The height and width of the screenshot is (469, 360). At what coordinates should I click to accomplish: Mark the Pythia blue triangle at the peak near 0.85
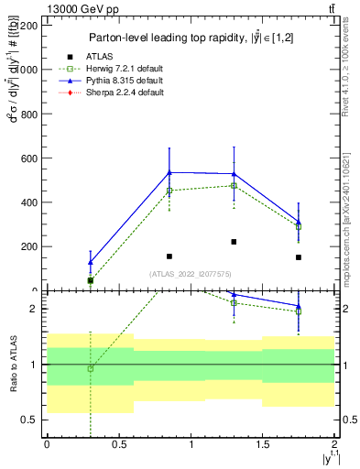click(169, 172)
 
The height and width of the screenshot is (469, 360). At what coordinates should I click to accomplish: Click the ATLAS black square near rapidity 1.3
click(234, 242)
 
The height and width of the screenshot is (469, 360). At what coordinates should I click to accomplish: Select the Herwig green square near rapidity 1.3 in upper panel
click(234, 186)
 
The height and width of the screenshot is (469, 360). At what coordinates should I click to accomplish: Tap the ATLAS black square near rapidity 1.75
click(299, 257)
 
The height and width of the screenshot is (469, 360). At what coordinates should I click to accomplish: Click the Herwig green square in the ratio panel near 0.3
click(90, 368)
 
